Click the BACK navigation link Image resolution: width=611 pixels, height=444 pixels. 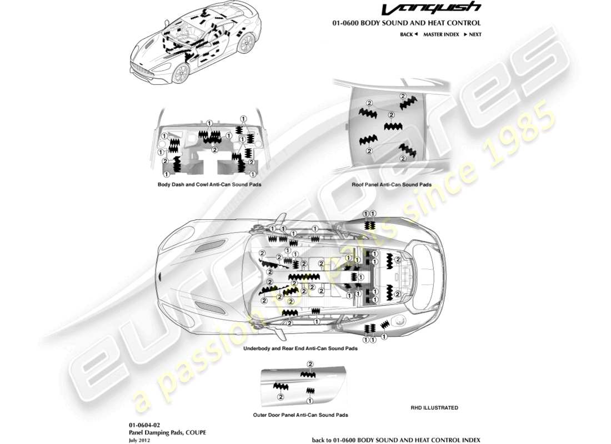(408, 34)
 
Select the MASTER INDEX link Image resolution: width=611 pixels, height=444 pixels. (441, 34)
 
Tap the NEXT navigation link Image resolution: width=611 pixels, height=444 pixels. (474, 34)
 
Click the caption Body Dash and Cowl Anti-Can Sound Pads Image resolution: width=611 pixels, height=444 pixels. (209, 184)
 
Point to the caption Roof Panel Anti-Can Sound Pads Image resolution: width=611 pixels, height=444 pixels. (392, 184)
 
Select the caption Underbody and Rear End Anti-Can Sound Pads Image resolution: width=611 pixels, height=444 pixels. (300, 349)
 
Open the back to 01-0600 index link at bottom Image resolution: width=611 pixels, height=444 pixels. (396, 439)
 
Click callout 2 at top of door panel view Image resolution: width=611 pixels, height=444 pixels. (310, 364)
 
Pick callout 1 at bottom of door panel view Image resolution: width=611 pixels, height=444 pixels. (309, 400)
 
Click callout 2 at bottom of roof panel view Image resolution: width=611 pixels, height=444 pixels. (369, 151)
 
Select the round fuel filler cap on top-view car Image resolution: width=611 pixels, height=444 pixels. (399, 322)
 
